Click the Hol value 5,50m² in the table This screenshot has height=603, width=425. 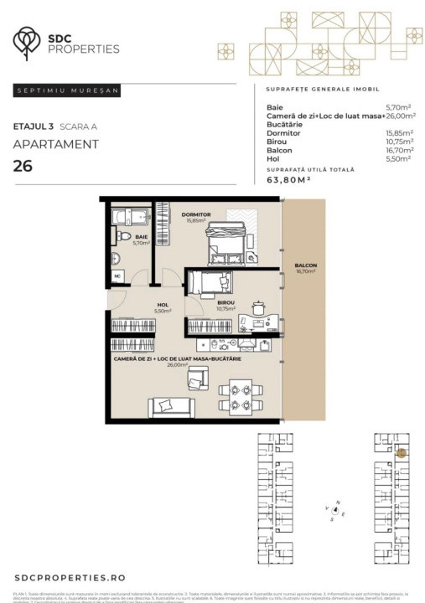pos(397,159)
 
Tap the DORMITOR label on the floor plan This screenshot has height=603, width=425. pos(195,215)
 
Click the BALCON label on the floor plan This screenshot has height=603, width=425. pos(305,266)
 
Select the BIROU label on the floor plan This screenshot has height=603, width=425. pos(225,302)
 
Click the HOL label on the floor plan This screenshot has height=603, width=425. pos(163,305)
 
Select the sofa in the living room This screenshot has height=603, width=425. pos(171,406)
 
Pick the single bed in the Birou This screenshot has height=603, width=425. pos(209,283)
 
